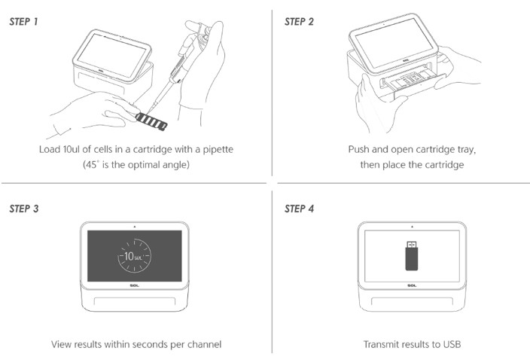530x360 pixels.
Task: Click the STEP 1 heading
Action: point(23,22)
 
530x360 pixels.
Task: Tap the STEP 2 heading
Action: point(299,22)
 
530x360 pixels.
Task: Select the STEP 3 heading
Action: point(24,209)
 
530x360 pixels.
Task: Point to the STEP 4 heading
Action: point(299,209)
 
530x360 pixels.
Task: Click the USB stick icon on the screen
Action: point(411,255)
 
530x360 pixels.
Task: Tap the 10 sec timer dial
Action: point(134,256)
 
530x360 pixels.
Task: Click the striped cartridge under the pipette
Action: point(151,121)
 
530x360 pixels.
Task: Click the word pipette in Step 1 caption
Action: point(218,149)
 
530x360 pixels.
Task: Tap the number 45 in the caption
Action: point(91,165)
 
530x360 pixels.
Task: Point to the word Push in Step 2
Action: point(358,149)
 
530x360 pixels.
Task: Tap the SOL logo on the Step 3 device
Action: point(134,285)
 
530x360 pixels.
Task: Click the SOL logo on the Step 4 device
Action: point(412,285)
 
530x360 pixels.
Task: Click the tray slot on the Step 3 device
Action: point(135,301)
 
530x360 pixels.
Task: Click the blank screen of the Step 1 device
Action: point(112,55)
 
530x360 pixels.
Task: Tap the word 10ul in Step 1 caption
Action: point(73,149)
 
